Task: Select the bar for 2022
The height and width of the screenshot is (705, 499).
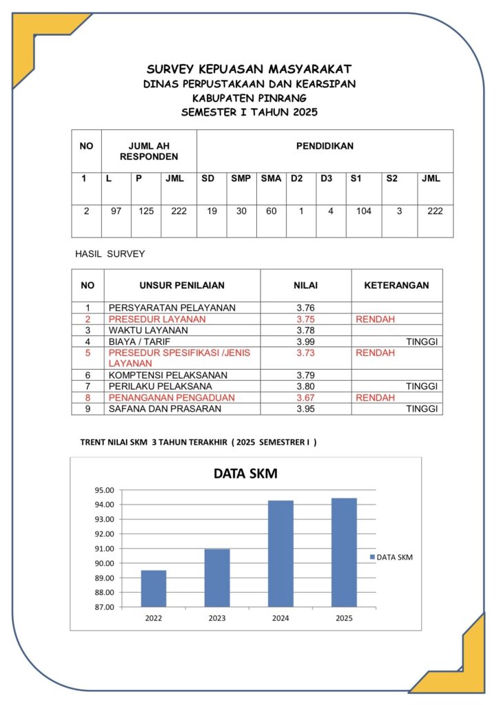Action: [x=153, y=589]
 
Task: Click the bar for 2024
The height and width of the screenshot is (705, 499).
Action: [x=281, y=554]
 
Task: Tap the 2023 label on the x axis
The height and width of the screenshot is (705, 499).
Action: [x=217, y=618]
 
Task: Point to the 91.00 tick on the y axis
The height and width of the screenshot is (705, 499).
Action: [x=105, y=549]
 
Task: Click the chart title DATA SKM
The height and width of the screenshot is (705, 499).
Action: [x=245, y=474]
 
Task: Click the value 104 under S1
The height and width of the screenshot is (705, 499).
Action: [x=364, y=211]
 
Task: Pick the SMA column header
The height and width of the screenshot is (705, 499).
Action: [x=271, y=179]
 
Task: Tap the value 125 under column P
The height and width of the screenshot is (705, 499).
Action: [x=146, y=211]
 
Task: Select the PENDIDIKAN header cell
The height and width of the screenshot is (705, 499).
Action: [x=325, y=146]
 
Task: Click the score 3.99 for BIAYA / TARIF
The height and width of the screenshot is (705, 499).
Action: [x=305, y=341]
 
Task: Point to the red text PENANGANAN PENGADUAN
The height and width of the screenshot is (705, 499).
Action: [x=172, y=398]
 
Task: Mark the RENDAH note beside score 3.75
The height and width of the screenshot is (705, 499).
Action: [x=375, y=319]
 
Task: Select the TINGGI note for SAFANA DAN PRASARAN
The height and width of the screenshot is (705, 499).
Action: [x=422, y=409]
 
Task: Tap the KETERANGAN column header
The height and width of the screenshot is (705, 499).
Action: [x=396, y=285]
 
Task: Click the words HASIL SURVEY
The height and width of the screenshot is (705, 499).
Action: [x=110, y=254]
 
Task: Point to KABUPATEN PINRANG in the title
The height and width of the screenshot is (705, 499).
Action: [x=249, y=98]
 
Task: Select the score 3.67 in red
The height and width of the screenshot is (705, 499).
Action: [x=305, y=398]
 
